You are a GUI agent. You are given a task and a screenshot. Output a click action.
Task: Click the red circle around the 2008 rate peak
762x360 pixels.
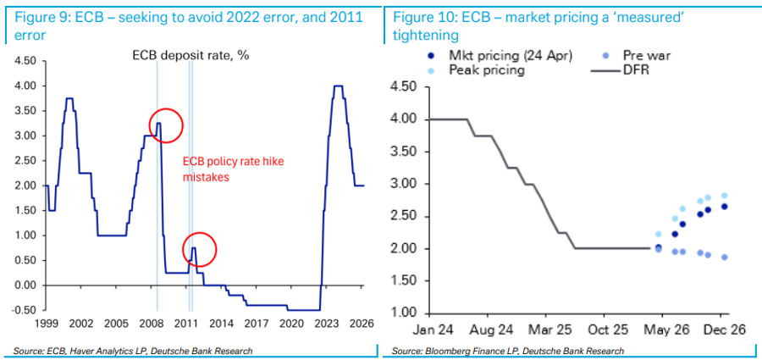click(x=167, y=125)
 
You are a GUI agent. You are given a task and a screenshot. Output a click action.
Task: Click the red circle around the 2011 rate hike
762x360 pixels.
click(x=200, y=249)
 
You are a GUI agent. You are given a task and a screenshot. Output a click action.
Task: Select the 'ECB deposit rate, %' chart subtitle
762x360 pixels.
click(x=191, y=56)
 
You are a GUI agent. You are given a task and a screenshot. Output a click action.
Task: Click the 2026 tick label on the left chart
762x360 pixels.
click(x=360, y=324)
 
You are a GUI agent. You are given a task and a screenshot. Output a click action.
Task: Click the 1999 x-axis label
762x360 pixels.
click(x=47, y=324)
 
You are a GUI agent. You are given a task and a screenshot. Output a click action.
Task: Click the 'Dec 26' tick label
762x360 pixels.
click(x=725, y=330)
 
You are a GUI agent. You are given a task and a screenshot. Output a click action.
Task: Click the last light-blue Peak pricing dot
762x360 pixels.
click(x=724, y=196)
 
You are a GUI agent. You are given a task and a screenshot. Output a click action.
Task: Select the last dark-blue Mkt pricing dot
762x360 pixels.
click(x=724, y=206)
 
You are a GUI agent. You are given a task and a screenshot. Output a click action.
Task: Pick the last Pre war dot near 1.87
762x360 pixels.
click(x=724, y=257)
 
